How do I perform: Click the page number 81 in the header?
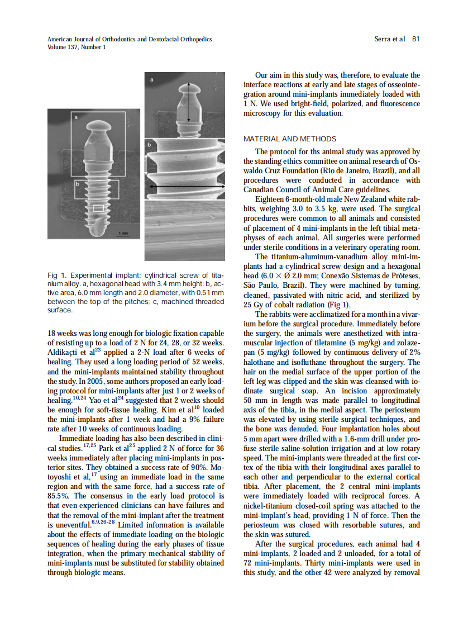point(416,39)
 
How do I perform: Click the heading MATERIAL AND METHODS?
point(290,139)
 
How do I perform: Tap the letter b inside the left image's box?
point(78,183)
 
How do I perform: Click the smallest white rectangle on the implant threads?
point(98,208)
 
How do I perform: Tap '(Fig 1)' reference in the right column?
point(338,305)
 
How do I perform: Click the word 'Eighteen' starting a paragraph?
point(270,199)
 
